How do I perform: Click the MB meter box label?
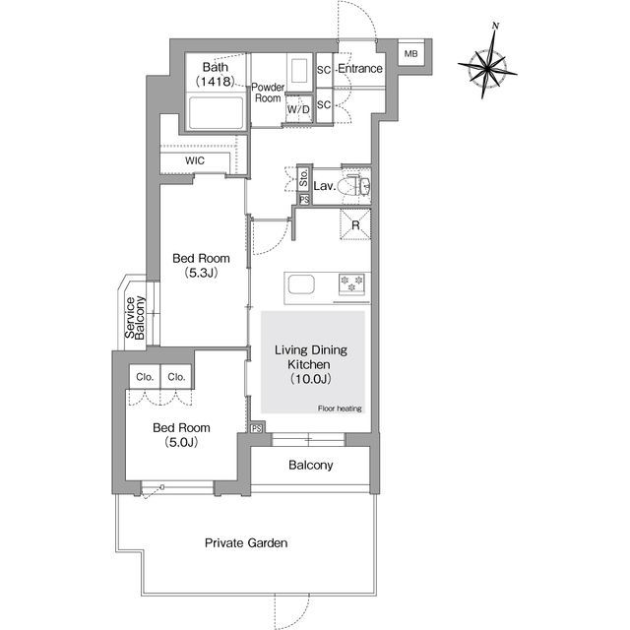(410, 53)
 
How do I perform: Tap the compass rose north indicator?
(495, 27)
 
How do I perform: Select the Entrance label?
(360, 69)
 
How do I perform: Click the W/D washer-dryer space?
(299, 108)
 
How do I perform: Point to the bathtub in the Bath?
(217, 113)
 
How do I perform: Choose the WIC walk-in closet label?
(195, 160)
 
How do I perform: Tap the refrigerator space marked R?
(355, 225)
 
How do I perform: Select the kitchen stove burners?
(351, 283)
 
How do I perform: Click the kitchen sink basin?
(301, 284)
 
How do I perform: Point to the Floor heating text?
(340, 409)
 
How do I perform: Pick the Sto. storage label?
(304, 178)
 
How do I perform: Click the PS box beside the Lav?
(304, 200)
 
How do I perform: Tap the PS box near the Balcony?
(257, 428)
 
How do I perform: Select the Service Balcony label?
(135, 318)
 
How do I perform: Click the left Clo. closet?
(145, 376)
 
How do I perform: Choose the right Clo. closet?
(176, 376)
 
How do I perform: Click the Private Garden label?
(246, 543)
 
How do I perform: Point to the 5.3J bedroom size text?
(201, 274)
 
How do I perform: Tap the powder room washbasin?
(298, 71)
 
